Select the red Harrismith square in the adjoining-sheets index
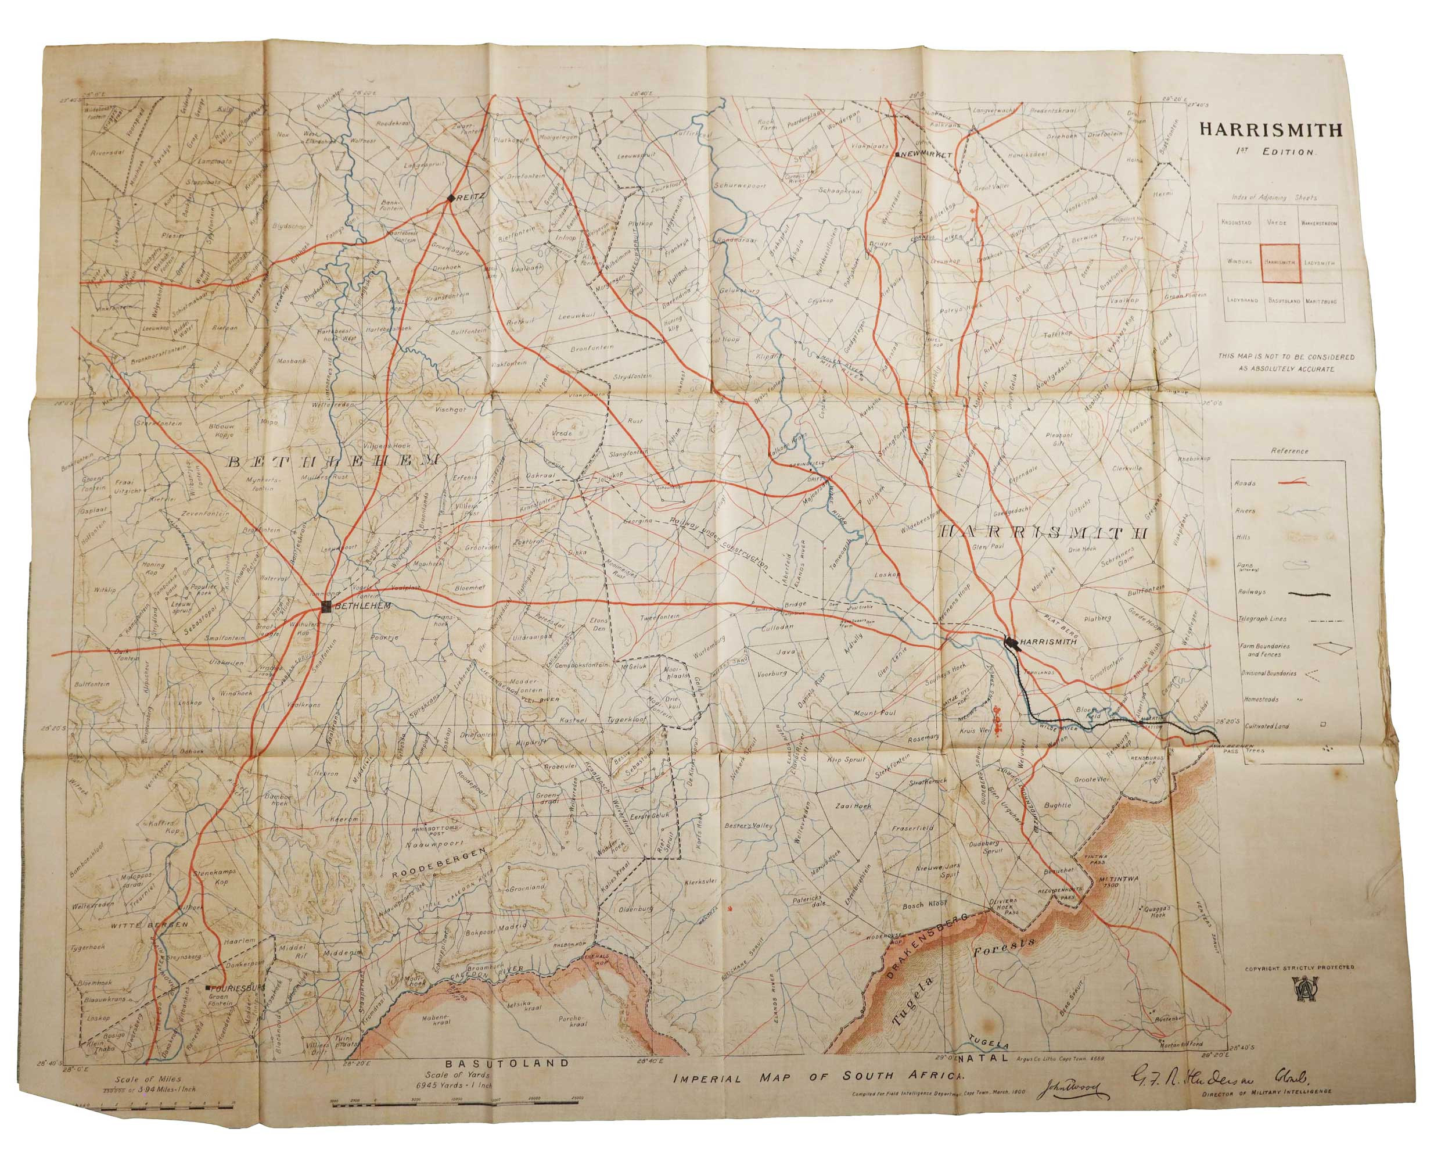pos(1280,261)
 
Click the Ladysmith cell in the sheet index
pos(1320,262)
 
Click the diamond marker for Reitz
pos(451,198)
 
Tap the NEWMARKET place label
pos(926,154)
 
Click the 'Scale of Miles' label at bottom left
pos(147,1078)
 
